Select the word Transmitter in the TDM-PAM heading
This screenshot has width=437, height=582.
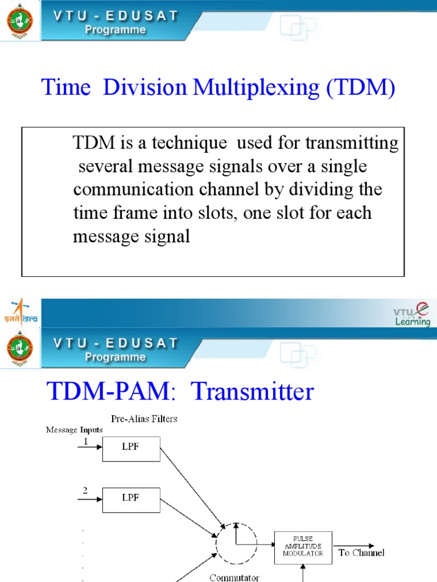[x=252, y=392]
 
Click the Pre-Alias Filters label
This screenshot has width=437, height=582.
[x=144, y=419]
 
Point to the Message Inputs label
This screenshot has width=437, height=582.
[x=74, y=430]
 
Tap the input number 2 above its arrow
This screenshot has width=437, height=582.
[x=85, y=491]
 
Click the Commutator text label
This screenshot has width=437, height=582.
[x=234, y=577]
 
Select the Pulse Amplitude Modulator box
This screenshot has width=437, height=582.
[x=303, y=547]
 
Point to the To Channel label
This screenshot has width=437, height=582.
[x=361, y=552]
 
